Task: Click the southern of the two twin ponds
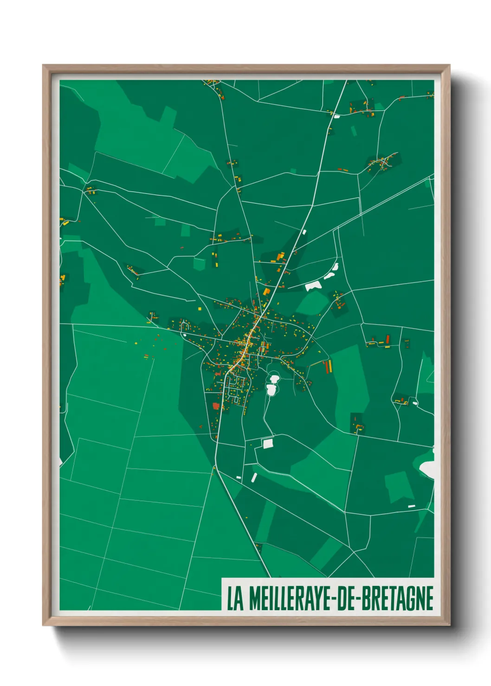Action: pyautogui.click(x=271, y=390)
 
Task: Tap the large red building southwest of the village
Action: pyautogui.click(x=216, y=406)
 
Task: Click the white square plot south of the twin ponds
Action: pyautogui.click(x=268, y=444)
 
